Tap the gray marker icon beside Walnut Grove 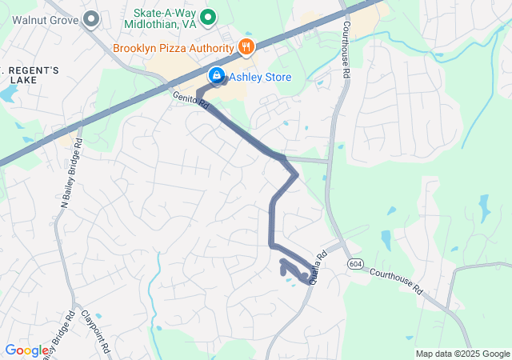tap(91, 18)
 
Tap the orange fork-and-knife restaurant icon tap(246, 47)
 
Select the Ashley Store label tap(261, 78)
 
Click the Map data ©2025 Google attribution tap(462, 354)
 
